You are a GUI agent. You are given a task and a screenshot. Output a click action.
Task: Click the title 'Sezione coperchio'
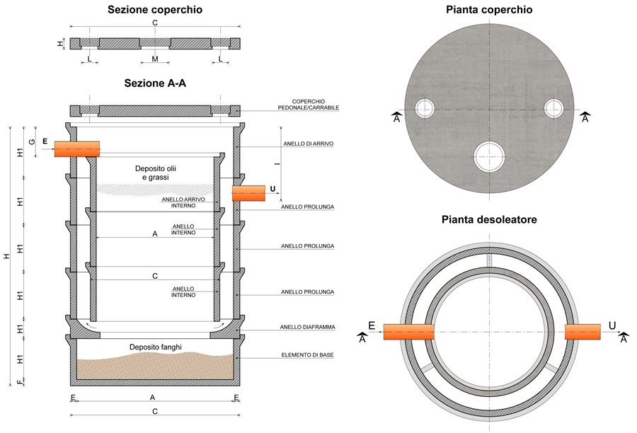point(155,10)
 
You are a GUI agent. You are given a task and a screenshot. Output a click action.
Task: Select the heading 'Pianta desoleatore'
point(489,220)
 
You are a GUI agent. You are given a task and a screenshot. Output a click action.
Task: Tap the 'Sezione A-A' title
point(155,83)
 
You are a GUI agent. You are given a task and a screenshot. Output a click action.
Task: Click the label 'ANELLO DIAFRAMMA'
point(308,327)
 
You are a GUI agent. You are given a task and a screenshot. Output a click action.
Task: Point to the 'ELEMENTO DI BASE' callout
point(308,355)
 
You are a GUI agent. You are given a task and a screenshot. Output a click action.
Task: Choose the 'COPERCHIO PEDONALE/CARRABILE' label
point(309,105)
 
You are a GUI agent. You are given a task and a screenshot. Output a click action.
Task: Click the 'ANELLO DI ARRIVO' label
point(309,144)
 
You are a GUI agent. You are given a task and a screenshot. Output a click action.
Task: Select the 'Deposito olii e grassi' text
point(156,173)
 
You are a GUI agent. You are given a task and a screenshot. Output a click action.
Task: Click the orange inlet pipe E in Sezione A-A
point(77,149)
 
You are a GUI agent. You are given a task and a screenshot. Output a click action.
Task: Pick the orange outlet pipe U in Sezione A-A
point(248,193)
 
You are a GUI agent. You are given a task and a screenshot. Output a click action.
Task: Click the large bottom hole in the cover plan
point(489,157)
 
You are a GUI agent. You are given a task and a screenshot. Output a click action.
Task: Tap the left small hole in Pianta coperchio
point(425,108)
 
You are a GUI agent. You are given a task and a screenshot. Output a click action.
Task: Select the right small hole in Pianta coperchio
point(553,108)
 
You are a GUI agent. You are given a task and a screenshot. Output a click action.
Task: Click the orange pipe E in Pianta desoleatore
point(408,332)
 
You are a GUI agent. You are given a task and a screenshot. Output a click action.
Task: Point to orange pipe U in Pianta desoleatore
point(583,332)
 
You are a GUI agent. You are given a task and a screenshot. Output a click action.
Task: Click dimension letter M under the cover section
point(155,59)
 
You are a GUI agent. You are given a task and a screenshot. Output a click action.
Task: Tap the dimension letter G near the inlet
point(32,142)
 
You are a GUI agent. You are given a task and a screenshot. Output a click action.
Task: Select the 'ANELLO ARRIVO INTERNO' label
point(183,202)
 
